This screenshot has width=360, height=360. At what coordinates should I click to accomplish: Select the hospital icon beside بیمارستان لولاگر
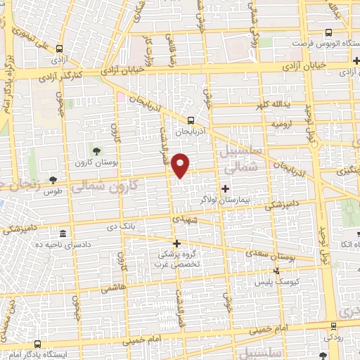(226, 188)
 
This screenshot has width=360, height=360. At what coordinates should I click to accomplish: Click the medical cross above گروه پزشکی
(176, 243)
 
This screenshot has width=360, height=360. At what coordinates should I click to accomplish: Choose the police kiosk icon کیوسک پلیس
(277, 271)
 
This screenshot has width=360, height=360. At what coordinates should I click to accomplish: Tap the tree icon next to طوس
(53, 180)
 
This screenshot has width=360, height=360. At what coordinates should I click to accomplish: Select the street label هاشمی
(110, 288)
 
